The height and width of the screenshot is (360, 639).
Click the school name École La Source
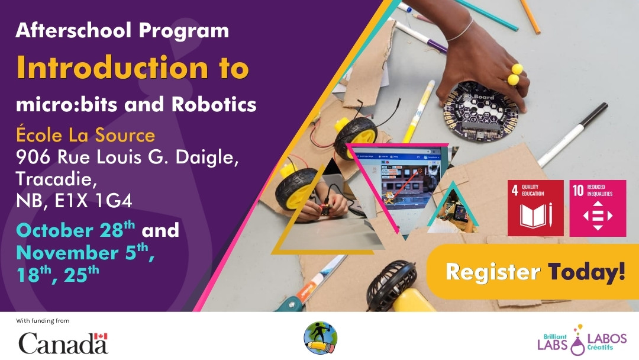[x=85, y=135]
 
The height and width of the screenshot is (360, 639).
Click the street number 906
[x=34, y=158]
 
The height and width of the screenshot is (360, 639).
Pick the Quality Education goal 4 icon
[x=535, y=208]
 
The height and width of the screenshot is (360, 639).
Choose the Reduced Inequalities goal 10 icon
[x=598, y=208]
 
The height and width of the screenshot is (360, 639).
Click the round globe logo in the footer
[x=320, y=338]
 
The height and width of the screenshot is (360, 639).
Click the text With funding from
[x=43, y=321]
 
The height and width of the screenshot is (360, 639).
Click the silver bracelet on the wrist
[x=462, y=30]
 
